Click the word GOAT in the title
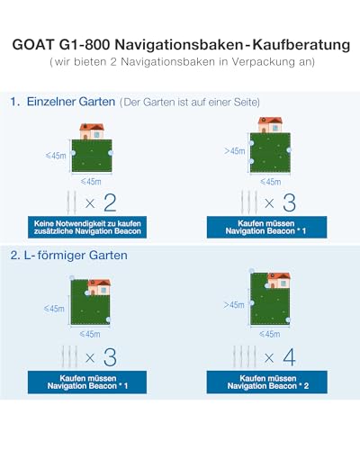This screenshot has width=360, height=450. (33, 45)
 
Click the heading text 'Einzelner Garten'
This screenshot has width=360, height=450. (71, 102)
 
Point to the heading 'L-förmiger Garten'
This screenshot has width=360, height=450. (76, 256)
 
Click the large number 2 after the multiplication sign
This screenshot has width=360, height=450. (110, 203)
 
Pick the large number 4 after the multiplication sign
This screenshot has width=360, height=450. (289, 357)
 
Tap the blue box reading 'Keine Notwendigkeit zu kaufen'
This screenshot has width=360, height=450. (87, 227)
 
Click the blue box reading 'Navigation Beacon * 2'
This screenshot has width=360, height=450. (267, 382)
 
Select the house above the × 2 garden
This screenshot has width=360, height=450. (92, 131)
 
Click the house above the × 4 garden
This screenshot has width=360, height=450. (279, 281)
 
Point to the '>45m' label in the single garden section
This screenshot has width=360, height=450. (235, 151)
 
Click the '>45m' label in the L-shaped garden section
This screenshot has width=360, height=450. (234, 305)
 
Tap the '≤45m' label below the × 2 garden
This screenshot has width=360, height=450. (91, 182)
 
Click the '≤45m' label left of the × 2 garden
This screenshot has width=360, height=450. (56, 156)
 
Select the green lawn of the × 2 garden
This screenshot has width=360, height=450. (92, 156)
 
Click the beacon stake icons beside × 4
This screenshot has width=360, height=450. (245, 356)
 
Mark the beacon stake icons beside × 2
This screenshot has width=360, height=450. (71, 202)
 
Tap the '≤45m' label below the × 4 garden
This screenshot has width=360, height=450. (270, 334)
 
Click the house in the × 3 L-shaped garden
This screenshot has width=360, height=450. (99, 287)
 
